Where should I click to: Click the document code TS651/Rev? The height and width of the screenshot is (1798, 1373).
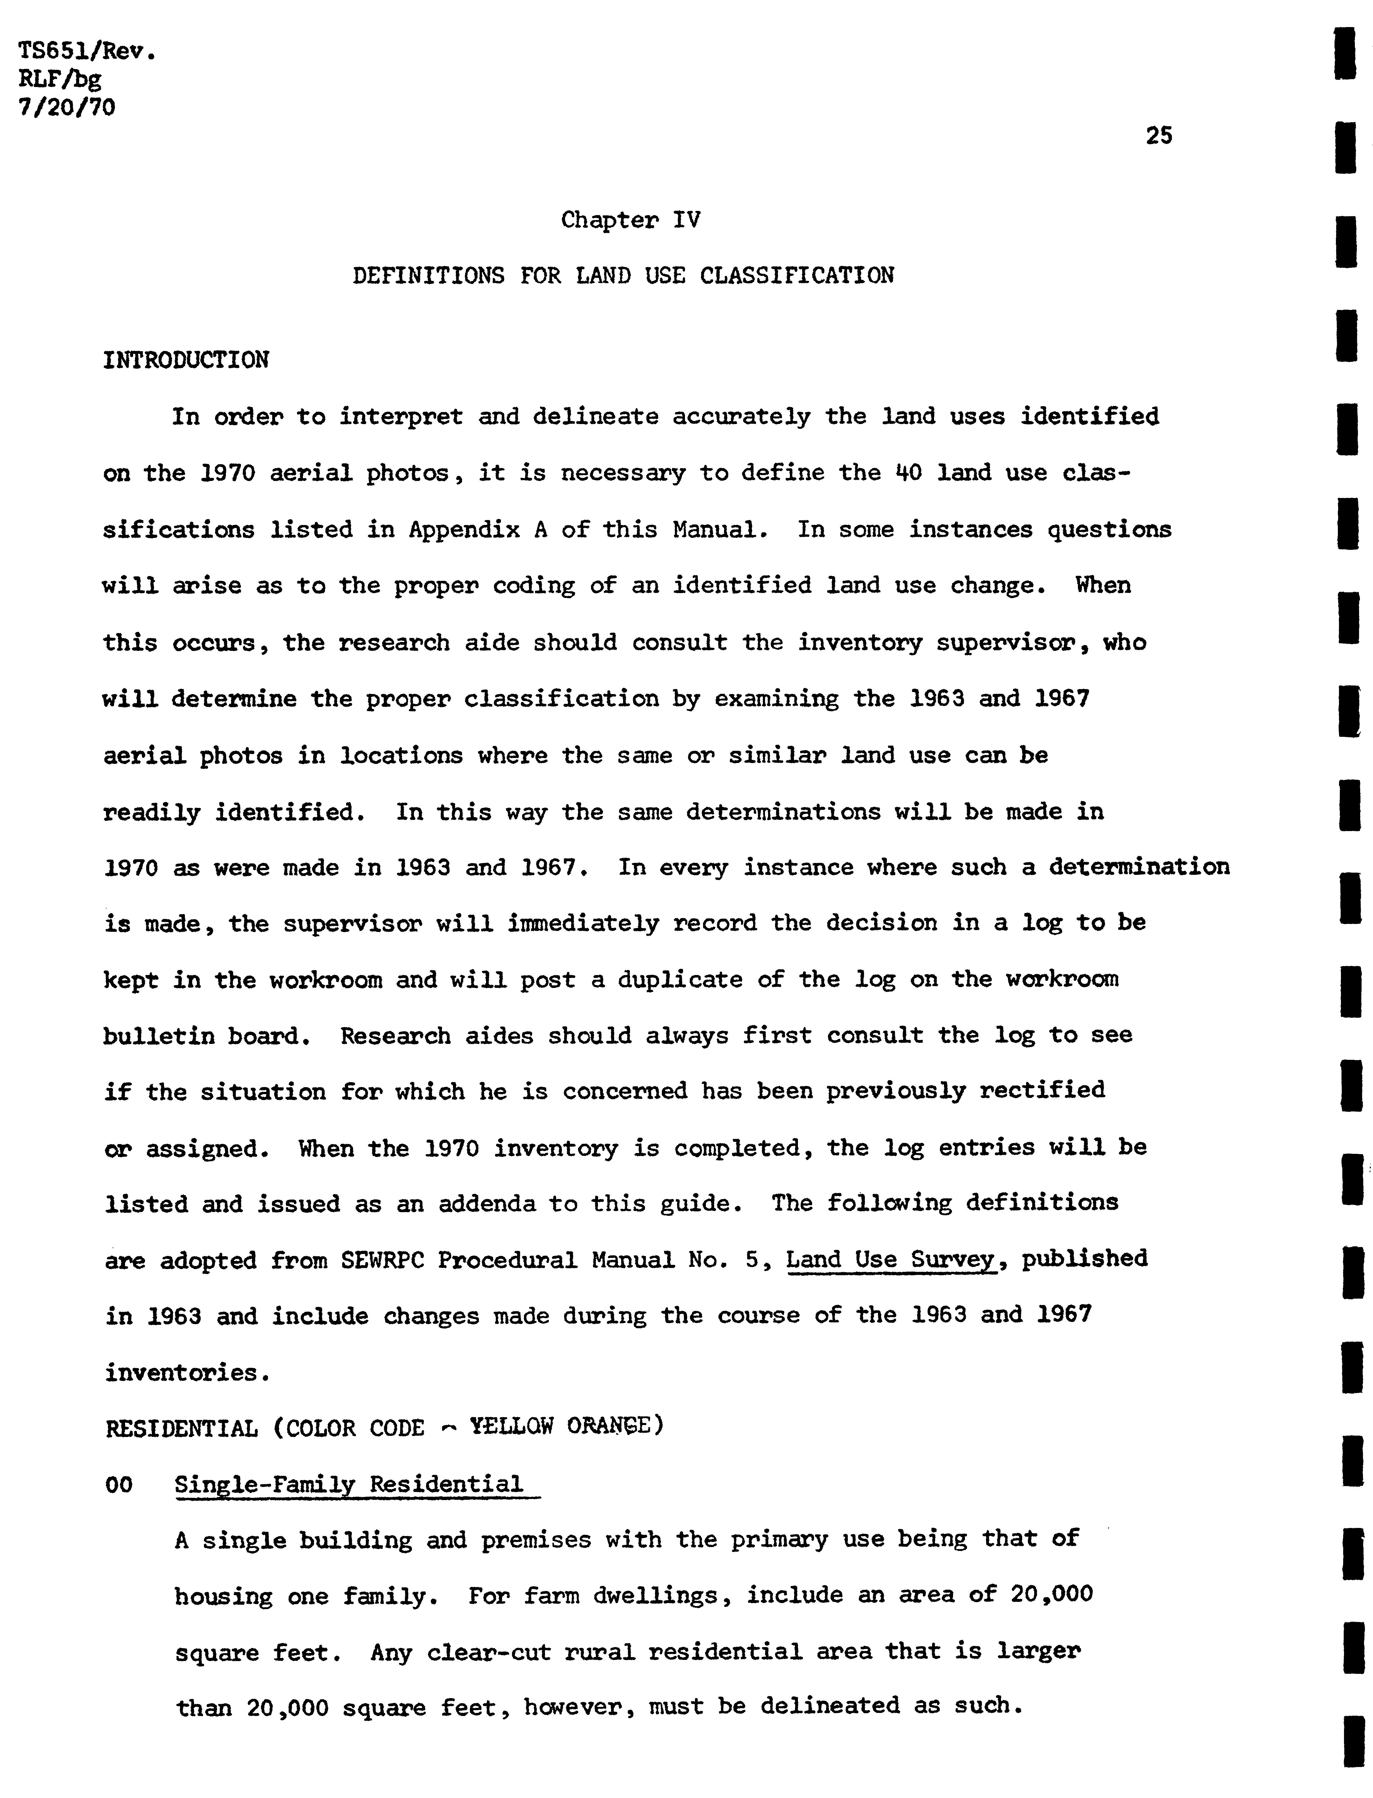click(86, 52)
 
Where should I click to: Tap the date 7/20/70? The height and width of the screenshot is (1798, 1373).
click(67, 107)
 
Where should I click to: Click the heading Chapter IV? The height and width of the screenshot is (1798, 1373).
click(630, 221)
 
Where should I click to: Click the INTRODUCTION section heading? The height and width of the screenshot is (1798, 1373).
click(185, 360)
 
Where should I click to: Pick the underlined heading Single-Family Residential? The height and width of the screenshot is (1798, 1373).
click(349, 1484)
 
